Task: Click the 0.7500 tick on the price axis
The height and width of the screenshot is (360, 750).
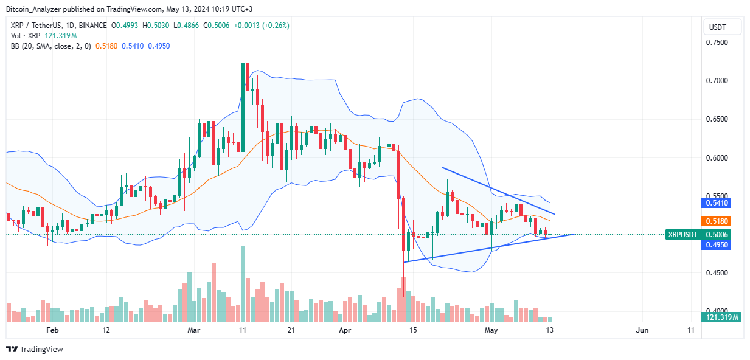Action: click(717, 43)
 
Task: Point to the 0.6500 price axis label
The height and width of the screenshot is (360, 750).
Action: click(717, 119)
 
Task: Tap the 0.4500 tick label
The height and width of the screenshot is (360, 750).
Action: click(717, 273)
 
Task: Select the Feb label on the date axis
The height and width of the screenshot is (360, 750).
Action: click(52, 330)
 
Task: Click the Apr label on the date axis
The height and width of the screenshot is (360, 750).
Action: click(345, 330)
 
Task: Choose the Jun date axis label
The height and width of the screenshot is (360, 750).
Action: click(642, 330)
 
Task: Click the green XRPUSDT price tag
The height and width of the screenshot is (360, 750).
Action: click(682, 234)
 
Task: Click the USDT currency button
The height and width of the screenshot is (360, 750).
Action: click(723, 27)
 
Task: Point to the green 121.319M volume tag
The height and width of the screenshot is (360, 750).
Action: click(722, 317)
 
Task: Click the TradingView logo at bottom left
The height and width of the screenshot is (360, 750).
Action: click(35, 349)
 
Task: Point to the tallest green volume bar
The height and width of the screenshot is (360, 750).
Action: click(243, 283)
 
